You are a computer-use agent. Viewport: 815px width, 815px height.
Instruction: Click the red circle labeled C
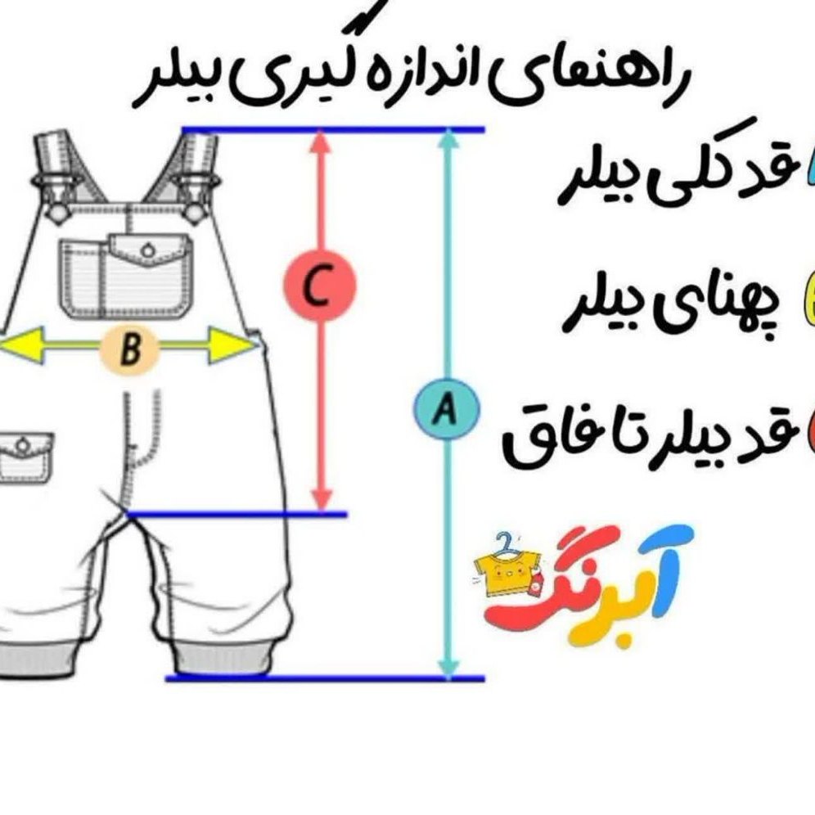[320, 284]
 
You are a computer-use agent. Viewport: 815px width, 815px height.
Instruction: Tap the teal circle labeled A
[445, 409]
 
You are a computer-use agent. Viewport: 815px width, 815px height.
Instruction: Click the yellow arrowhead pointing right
[232, 344]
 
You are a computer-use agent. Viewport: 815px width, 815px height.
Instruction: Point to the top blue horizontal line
[333, 129]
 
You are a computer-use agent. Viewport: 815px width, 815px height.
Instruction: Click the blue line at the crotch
[237, 515]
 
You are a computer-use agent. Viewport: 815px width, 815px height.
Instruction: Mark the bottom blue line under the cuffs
[325, 678]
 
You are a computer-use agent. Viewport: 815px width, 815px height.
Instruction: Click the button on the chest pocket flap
[149, 250]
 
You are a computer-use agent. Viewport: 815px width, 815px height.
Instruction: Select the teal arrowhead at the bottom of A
[448, 668]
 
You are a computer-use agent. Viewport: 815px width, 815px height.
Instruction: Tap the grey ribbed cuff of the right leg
[223, 659]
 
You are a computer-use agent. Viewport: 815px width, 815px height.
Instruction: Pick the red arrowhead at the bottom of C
[322, 500]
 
